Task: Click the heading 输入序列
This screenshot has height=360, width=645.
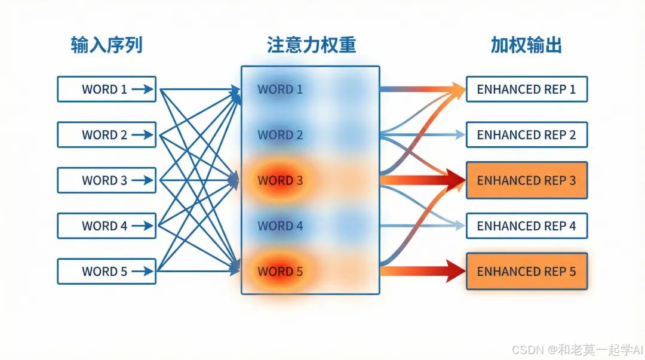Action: pyautogui.click(x=106, y=45)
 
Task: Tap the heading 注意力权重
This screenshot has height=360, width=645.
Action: pyautogui.click(x=311, y=45)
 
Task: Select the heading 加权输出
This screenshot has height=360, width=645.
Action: pyautogui.click(x=526, y=45)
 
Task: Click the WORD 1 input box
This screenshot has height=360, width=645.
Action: pyautogui.click(x=106, y=89)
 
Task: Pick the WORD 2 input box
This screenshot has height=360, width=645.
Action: pyautogui.click(x=106, y=134)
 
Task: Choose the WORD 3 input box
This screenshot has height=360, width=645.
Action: pyautogui.click(x=106, y=180)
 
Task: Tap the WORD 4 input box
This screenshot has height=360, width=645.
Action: pyautogui.click(x=106, y=226)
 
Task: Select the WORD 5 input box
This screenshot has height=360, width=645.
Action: pyautogui.click(x=106, y=271)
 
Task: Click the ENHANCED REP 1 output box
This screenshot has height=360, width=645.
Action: pyautogui.click(x=526, y=89)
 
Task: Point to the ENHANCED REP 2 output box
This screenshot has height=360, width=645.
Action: pyautogui.click(x=526, y=134)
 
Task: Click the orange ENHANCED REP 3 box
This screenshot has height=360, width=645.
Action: pyautogui.click(x=526, y=180)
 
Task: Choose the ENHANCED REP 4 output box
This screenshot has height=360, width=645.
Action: pyautogui.click(x=526, y=226)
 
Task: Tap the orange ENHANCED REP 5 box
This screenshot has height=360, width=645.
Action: pyautogui.click(x=526, y=271)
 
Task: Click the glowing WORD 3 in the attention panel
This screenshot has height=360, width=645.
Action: pyautogui.click(x=280, y=180)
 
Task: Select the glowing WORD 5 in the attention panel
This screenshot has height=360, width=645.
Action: pyautogui.click(x=280, y=271)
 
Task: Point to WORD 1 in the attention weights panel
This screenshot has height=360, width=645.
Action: pyautogui.click(x=280, y=89)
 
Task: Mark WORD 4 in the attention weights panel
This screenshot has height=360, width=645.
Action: pyautogui.click(x=280, y=226)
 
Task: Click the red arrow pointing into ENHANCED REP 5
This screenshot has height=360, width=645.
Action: pyautogui.click(x=424, y=272)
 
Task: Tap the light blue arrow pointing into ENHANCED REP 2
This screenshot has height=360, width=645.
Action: pyautogui.click(x=424, y=135)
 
